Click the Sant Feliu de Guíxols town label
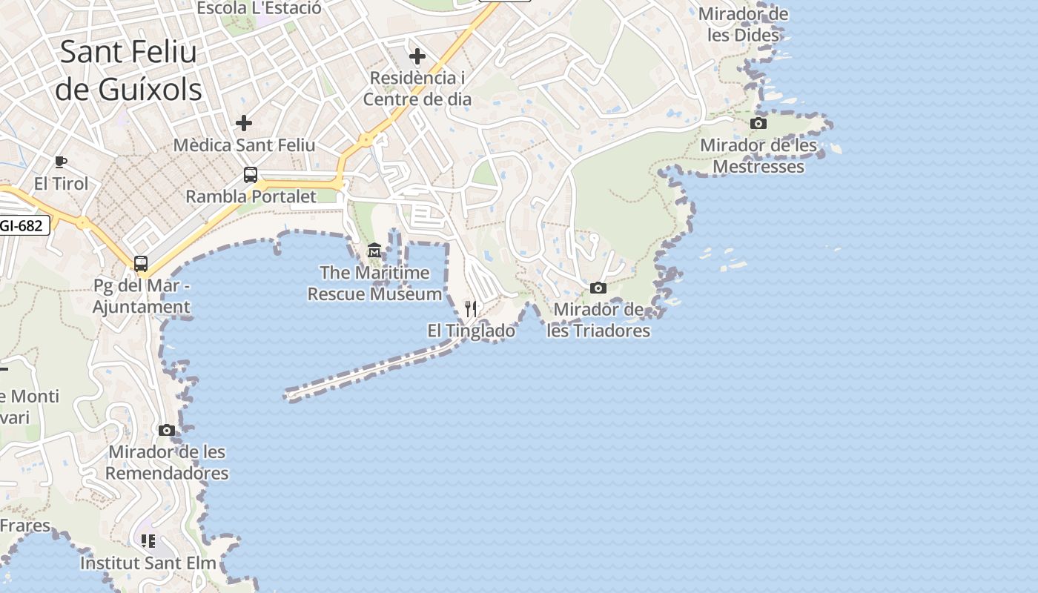(x=128, y=70)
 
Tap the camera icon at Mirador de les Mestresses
(x=758, y=124)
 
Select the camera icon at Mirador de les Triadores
(x=598, y=288)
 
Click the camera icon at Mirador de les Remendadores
(x=167, y=430)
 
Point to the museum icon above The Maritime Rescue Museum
(x=374, y=251)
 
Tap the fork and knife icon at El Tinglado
(x=471, y=308)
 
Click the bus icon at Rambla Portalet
(x=251, y=175)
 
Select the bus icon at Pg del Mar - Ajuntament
(x=141, y=263)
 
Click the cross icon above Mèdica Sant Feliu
(x=244, y=123)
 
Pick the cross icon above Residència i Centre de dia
(x=417, y=56)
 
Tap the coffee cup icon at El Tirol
(x=61, y=162)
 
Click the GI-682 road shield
(x=22, y=225)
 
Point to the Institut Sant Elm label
(x=148, y=563)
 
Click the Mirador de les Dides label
(x=744, y=24)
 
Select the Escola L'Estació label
(x=259, y=8)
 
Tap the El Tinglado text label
(x=472, y=331)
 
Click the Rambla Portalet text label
(x=251, y=196)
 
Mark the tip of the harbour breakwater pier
(x=288, y=396)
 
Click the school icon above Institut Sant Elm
(x=148, y=541)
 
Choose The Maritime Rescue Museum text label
(x=374, y=283)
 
